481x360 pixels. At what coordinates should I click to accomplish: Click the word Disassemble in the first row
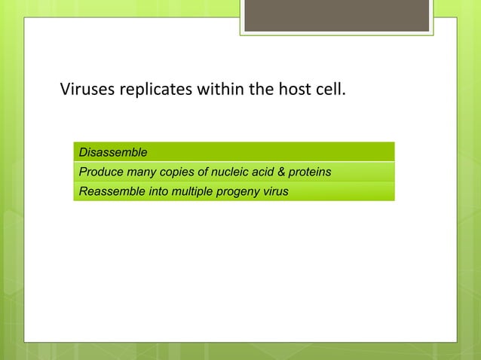[113, 154]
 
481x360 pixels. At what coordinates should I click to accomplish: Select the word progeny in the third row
[240, 191]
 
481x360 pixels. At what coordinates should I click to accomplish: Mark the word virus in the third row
[276, 191]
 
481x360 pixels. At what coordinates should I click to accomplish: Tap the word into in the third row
[158, 191]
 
